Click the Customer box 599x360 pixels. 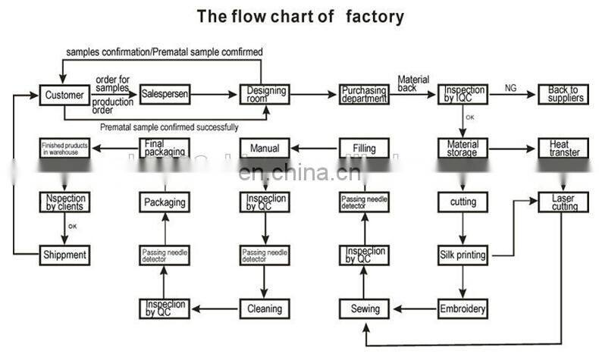64,95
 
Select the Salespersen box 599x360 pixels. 165,95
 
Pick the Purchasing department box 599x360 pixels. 363,95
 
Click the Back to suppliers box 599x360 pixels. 564,95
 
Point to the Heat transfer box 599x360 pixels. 564,148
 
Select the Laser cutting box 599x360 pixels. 564,202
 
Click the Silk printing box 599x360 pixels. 463,255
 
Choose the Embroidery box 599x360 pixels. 463,308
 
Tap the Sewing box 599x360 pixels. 365,308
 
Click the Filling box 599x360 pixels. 365,148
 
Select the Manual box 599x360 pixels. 265,148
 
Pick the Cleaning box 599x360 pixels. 265,308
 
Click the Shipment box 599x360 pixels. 64,255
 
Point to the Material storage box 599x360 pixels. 463,148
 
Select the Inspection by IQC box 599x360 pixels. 463,95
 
